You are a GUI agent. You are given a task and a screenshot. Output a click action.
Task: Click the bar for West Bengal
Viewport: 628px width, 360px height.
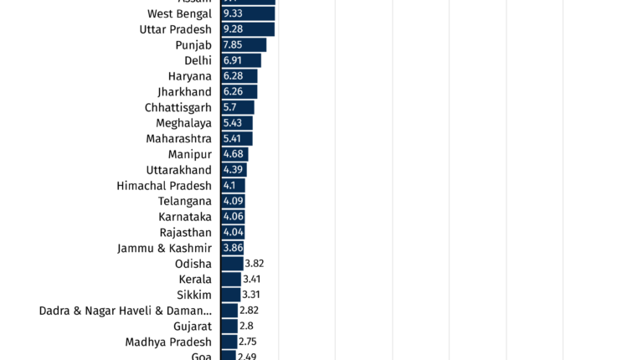click(x=248, y=13)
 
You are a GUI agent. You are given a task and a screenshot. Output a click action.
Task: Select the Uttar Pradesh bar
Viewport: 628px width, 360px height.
click(x=248, y=29)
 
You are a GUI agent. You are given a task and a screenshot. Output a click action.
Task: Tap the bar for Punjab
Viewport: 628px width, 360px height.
click(x=244, y=45)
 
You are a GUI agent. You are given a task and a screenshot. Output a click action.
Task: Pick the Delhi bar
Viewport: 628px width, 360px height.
click(x=241, y=60)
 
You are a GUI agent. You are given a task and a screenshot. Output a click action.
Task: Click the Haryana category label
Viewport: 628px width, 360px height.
click(x=189, y=76)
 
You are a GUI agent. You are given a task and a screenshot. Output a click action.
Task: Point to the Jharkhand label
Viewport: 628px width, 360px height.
click(x=184, y=92)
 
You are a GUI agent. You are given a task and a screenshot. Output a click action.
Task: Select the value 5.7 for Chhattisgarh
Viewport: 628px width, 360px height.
click(x=230, y=107)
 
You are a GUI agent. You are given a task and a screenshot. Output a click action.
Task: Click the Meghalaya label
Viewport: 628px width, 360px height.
click(x=183, y=123)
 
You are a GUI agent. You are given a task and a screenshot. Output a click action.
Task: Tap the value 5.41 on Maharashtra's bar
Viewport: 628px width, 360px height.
click(x=232, y=139)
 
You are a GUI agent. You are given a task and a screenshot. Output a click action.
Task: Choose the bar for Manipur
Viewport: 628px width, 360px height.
click(x=234, y=154)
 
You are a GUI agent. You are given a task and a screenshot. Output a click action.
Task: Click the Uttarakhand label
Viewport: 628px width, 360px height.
click(x=178, y=170)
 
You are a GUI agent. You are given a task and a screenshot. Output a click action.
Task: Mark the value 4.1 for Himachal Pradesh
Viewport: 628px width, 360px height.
click(x=229, y=186)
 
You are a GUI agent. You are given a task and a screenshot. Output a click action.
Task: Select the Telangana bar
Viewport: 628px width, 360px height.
click(x=233, y=201)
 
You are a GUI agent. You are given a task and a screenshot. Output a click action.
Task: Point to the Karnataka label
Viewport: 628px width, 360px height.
click(x=185, y=217)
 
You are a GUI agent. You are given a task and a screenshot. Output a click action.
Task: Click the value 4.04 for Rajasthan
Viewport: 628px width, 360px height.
click(x=233, y=233)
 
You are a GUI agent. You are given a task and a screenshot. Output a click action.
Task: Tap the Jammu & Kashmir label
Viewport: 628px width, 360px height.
click(x=164, y=248)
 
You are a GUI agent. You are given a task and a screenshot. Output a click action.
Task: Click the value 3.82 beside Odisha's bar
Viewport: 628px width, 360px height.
click(x=255, y=264)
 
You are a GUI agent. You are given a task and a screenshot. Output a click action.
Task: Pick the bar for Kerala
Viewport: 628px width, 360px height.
click(x=231, y=279)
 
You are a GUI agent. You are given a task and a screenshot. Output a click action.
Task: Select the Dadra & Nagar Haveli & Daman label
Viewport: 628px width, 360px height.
click(x=125, y=311)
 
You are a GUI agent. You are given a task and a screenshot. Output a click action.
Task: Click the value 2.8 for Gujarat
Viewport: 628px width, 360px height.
click(x=246, y=327)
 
